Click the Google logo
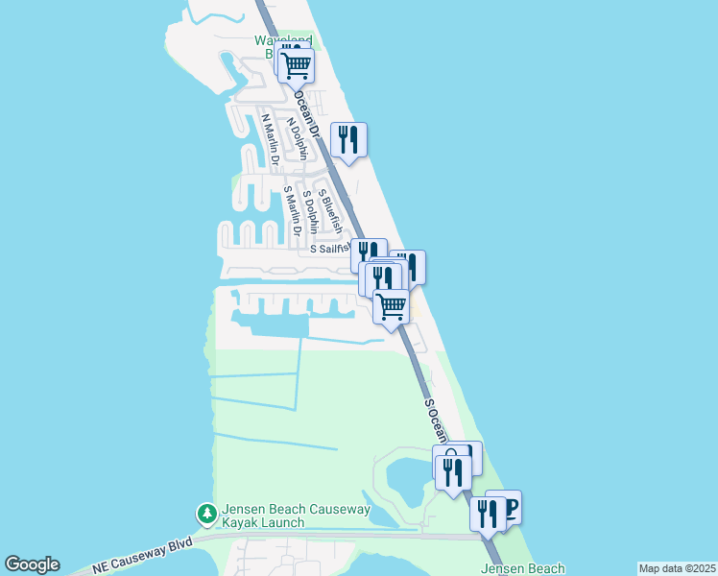pos(32,565)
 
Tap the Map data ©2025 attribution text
pos(676,568)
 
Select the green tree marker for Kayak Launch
pos(205,516)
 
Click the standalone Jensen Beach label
pos(522,568)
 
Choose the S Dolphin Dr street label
pos(311,212)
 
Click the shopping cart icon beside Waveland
pos(297,65)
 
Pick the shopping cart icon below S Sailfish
pos(391,307)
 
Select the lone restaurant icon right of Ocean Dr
pos(349,140)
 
